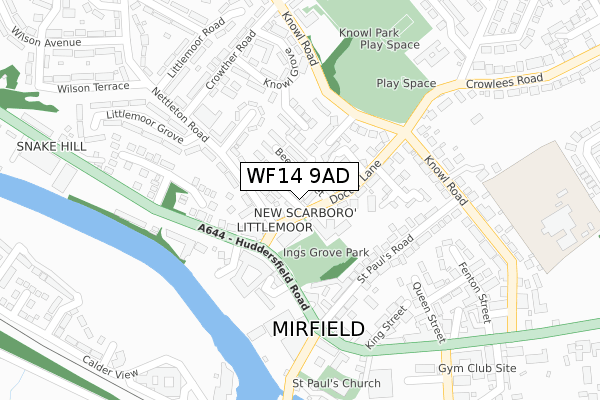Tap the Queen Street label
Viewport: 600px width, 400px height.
pos(427,306)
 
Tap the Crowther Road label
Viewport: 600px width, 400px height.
pos(227,62)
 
